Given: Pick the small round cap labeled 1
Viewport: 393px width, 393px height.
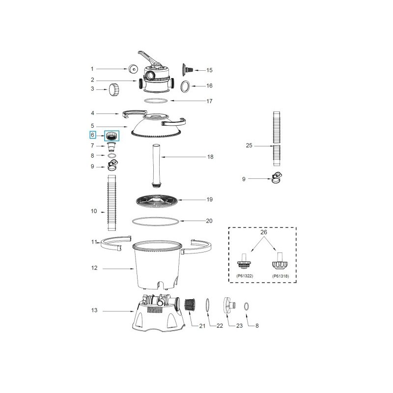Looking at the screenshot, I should tap(132, 70).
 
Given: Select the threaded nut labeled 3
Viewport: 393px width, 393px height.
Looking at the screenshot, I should tap(114, 89).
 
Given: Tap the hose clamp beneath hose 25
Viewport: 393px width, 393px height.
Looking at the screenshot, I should tap(277, 178).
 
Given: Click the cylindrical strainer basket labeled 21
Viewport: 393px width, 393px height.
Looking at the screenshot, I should tap(190, 305).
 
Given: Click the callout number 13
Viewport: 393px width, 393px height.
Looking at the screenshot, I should tap(94, 310).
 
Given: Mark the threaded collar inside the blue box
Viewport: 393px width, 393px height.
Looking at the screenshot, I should tap(112, 136).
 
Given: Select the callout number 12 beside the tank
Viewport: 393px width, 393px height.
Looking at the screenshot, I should tap(94, 268).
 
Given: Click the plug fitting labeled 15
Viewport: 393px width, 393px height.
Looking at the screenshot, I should tap(187, 69).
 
